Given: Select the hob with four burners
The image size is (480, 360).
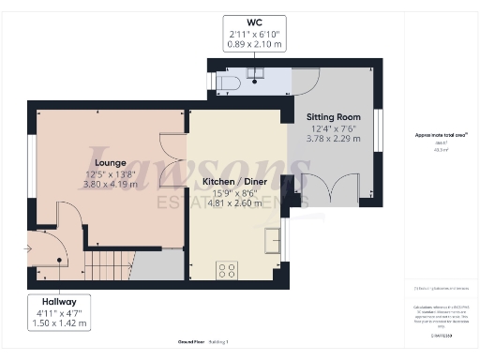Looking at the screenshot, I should [228, 270].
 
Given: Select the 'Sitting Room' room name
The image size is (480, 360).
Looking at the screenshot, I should [334, 116].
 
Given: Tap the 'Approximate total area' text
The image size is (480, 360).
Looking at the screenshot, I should [434, 135].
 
